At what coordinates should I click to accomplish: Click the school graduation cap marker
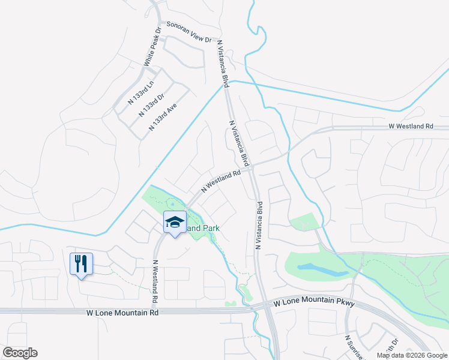175,222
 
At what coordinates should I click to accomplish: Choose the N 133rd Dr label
151,103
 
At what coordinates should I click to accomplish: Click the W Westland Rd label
411,127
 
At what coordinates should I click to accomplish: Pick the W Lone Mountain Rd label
122,313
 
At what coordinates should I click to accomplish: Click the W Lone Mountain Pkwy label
315,304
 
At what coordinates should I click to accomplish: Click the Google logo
20,353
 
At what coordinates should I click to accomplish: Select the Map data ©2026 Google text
411,355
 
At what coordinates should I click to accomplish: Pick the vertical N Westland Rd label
154,281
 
